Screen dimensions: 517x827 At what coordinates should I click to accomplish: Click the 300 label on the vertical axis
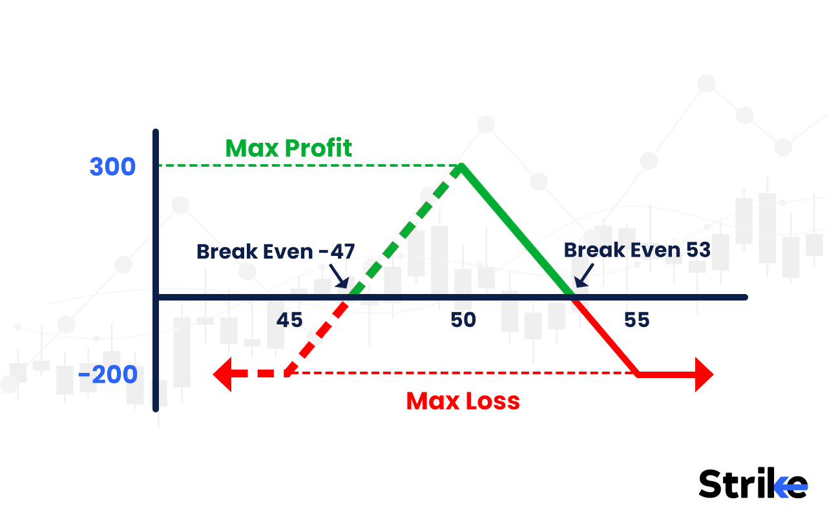click(x=112, y=167)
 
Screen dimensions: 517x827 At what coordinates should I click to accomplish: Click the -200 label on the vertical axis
click(x=109, y=375)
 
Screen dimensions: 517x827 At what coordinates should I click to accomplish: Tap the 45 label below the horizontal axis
click(x=289, y=320)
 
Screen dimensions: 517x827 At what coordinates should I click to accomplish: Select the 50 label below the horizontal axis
click(x=463, y=320)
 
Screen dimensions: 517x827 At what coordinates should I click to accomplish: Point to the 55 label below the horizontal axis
click(x=636, y=320)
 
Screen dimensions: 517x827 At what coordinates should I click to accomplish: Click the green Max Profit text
click(x=288, y=148)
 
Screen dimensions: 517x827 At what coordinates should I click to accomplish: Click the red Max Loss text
click(x=463, y=401)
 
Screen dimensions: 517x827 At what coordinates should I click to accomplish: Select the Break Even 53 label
click(x=637, y=250)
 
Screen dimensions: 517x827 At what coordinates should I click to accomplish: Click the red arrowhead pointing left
click(x=223, y=374)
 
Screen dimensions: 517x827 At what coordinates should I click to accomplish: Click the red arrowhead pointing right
click(x=703, y=374)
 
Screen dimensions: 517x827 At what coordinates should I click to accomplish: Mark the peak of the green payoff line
click(x=461, y=167)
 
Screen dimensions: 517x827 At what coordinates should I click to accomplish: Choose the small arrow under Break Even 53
click(x=582, y=277)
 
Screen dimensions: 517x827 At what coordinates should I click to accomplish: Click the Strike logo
click(x=753, y=483)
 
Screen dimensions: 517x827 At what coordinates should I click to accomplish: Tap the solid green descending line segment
click(x=517, y=231)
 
